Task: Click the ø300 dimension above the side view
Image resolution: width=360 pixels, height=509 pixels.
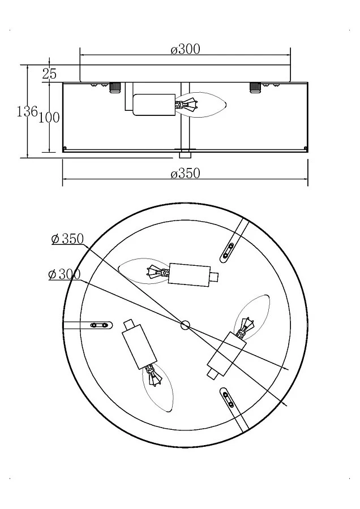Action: pos(186,49)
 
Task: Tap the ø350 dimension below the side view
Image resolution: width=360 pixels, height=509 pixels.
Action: pos(186,174)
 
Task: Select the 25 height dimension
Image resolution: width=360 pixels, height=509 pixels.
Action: pos(49,73)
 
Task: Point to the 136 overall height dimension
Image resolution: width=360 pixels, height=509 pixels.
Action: pos(27,111)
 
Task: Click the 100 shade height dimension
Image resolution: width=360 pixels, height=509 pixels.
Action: pos(49,117)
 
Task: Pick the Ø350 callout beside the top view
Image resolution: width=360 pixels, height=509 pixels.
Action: pos(67,239)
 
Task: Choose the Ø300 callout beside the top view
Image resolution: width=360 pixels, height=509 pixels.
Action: pos(65,275)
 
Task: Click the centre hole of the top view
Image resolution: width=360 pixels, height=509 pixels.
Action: pos(185,325)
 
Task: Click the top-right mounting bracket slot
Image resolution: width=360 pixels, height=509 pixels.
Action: pos(229,249)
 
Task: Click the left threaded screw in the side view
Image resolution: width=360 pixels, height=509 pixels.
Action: pos(114,87)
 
